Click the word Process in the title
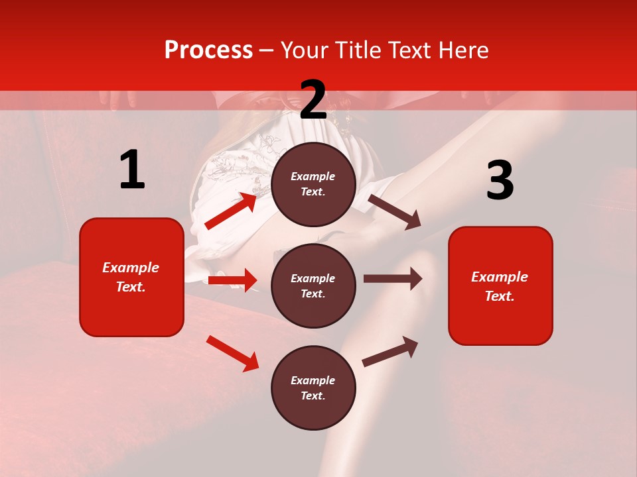click(x=208, y=50)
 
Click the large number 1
click(x=132, y=170)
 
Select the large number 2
click(x=313, y=100)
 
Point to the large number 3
click(x=500, y=181)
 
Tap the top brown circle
click(x=313, y=184)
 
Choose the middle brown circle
click(x=313, y=286)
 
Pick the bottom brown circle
click(x=313, y=388)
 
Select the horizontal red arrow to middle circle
click(x=232, y=280)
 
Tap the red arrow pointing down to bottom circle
click(x=232, y=353)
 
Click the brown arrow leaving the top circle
click(x=395, y=211)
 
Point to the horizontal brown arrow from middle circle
click(x=392, y=279)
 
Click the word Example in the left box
click(x=131, y=268)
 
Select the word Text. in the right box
click(x=500, y=296)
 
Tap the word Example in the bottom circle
click(x=313, y=380)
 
